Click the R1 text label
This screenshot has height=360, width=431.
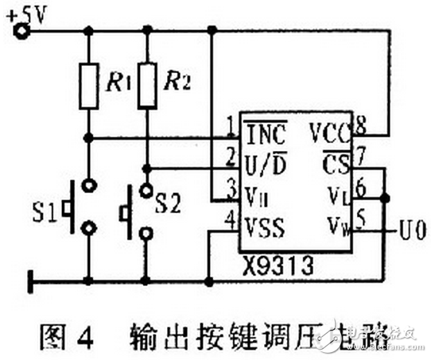pyautogui.click(x=116, y=79)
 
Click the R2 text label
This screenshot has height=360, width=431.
pyautogui.click(x=176, y=79)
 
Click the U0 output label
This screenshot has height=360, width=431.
pyautogui.click(x=414, y=231)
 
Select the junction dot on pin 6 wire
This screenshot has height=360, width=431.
pyautogui.click(x=385, y=198)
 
